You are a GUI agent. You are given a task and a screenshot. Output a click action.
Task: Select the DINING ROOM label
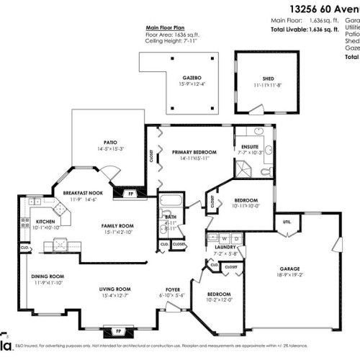(x=48, y=276)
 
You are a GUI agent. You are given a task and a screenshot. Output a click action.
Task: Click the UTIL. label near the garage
(x=286, y=222)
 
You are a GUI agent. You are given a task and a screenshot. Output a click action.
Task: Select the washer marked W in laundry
(x=225, y=238)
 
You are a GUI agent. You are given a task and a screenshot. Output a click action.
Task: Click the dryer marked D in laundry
(x=235, y=238)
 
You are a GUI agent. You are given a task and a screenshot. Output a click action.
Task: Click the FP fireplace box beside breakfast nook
(x=130, y=194)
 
